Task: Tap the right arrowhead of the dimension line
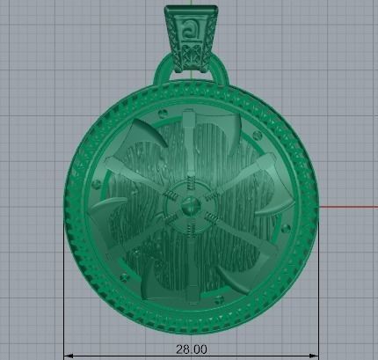(x=314, y=355)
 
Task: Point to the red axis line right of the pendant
(x=347, y=207)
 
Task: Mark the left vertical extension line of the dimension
(x=64, y=290)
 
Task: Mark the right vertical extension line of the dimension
(x=318, y=290)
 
